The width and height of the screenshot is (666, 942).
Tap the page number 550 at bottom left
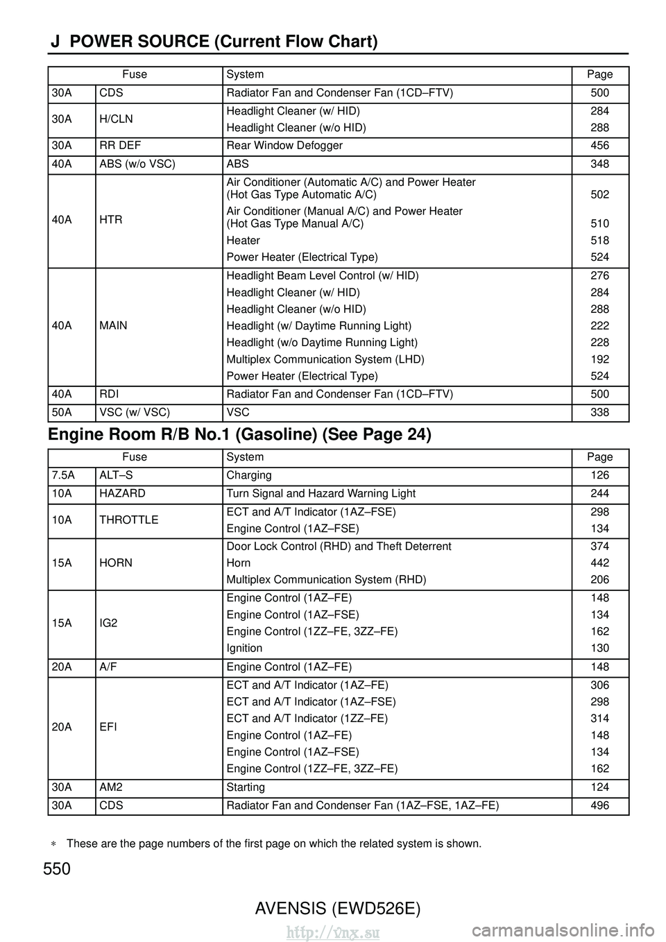click(57, 869)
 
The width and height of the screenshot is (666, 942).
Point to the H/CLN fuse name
click(116, 119)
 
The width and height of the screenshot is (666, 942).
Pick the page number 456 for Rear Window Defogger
click(599, 146)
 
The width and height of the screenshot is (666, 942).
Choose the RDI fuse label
click(110, 394)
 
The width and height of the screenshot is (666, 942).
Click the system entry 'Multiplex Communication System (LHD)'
click(325, 359)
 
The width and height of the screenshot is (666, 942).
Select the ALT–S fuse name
click(114, 475)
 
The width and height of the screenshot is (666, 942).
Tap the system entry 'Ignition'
click(244, 648)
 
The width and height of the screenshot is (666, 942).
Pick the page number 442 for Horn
click(599, 563)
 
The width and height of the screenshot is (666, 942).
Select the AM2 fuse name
click(111, 787)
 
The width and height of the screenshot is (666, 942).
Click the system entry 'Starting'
click(246, 787)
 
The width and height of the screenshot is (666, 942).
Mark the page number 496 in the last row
click(599, 805)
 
